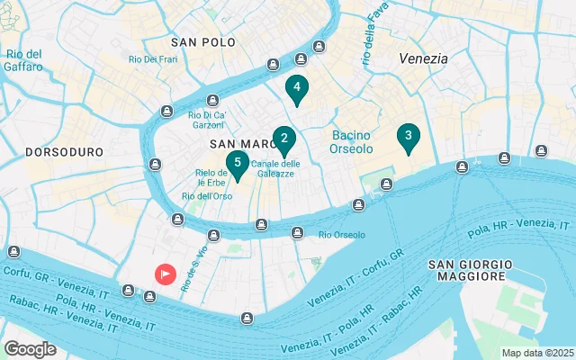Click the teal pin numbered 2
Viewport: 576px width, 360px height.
pos(284,139)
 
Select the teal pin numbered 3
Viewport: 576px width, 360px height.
pos(408,137)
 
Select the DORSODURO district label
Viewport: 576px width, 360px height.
pos(64,152)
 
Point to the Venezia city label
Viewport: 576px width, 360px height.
pos(423,58)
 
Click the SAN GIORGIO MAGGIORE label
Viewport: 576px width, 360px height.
pos(470,270)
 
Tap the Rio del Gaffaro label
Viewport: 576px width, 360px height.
pos(23,59)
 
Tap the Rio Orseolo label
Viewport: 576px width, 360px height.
pos(342,235)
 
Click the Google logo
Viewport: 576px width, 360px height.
pos(31,348)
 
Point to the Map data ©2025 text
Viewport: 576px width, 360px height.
pos(537,353)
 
